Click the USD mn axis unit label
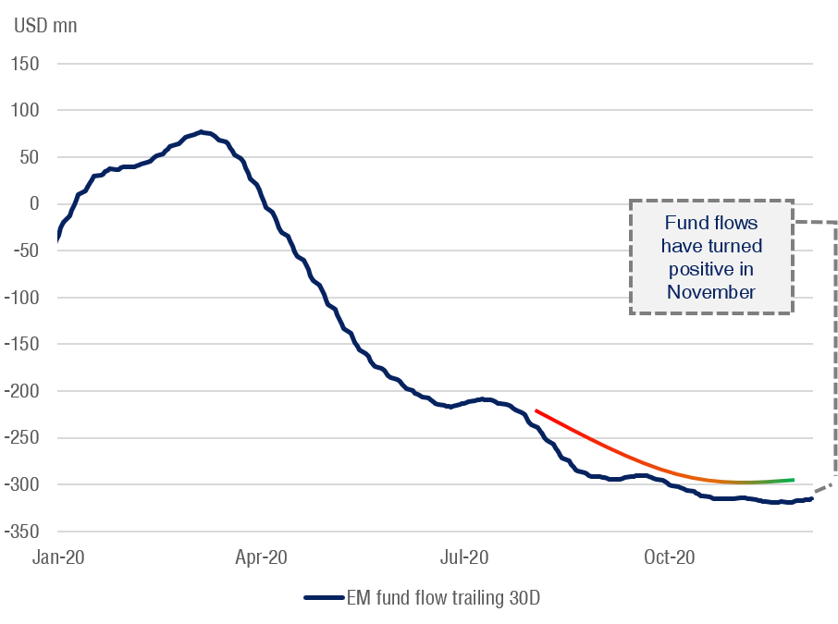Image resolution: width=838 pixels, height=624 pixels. click(45, 25)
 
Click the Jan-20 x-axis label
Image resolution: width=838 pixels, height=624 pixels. click(57, 557)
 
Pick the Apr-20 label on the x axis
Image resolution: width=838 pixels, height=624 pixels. click(262, 557)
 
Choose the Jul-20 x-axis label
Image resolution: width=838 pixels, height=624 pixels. click(463, 557)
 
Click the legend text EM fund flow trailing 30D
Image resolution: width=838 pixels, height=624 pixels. click(443, 598)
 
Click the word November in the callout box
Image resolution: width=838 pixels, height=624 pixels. click(711, 292)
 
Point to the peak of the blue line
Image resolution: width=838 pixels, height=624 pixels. click(202, 132)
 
